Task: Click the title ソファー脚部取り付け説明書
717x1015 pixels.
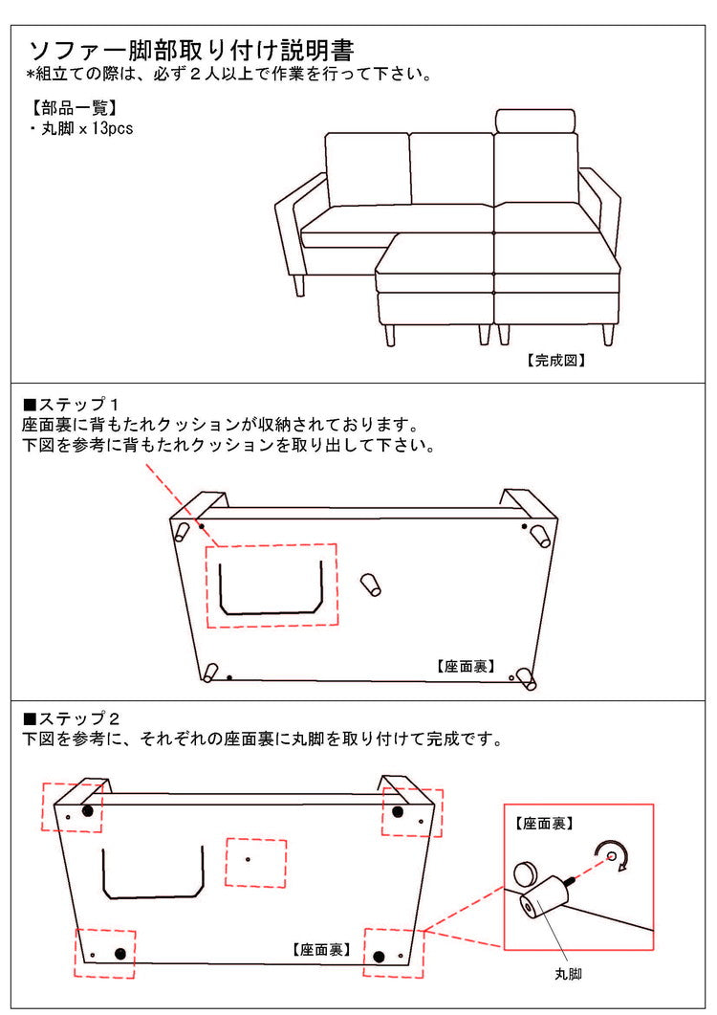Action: [191, 51]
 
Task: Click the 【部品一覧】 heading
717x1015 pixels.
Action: [74, 107]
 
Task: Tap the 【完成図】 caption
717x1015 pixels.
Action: [555, 361]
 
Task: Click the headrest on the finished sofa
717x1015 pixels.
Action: [535, 121]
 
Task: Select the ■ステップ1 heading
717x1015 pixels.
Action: [71, 405]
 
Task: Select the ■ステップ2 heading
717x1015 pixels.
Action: [71, 718]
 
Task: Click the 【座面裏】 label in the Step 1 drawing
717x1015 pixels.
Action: [466, 666]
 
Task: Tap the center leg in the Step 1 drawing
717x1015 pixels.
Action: [371, 583]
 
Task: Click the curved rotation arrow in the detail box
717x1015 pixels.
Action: [613, 856]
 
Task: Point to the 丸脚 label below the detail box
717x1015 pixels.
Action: [568, 974]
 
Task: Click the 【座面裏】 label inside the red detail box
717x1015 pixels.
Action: [544, 824]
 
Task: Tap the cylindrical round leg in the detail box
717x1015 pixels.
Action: [545, 895]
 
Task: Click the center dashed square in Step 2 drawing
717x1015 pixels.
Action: [255, 863]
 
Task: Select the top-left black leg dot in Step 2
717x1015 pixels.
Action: [87, 810]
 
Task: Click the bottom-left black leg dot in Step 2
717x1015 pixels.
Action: [119, 954]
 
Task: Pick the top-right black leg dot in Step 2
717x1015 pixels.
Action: [398, 812]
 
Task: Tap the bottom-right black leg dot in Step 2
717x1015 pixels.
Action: [379, 957]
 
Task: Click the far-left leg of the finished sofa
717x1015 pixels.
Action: [299, 285]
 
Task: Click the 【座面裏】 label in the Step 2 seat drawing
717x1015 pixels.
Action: [321, 950]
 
